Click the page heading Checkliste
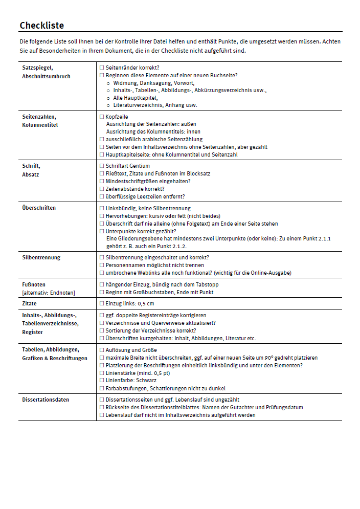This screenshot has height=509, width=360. pos(41,26)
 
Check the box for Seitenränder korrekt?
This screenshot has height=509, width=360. pos(102,68)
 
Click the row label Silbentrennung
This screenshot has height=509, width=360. pos(41,257)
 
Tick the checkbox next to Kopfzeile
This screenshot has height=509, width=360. pos(102,117)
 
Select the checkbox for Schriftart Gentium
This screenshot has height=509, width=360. pos(102,166)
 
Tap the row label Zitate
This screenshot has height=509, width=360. pos(29,303)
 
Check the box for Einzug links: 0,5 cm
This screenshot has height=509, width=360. pos(102,303)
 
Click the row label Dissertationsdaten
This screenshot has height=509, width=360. pos(46,400)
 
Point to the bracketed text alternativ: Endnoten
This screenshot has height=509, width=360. pos(48,292)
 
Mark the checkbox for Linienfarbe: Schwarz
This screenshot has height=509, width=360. pos(102,381)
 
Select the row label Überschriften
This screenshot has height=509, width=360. pos(39,208)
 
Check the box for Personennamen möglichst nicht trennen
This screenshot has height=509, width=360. pos(102,265)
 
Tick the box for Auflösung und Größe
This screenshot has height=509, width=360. pos(102,350)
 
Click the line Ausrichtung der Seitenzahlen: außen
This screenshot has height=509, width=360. pos(151,124)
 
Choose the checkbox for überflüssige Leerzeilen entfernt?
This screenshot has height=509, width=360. pos(102,196)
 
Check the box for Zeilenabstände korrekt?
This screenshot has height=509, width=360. pos(102,189)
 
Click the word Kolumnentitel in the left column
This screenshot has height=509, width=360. pos(40,125)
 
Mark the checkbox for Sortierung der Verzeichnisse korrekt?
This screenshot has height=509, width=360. pos(102,330)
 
